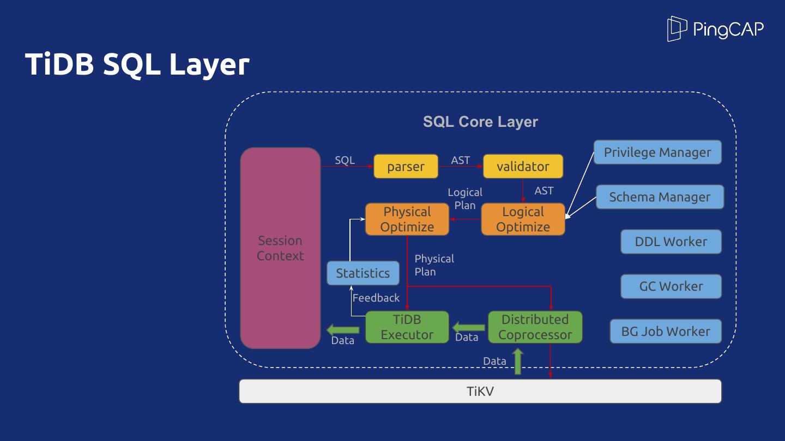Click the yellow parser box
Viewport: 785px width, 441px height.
[406, 167]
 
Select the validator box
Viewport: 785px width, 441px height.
[523, 167]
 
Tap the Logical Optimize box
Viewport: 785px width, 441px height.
[523, 219]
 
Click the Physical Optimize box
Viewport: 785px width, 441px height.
[407, 219]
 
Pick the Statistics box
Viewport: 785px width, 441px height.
[363, 273]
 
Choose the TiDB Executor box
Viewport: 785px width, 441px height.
[407, 327]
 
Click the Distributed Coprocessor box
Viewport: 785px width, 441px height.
[535, 327]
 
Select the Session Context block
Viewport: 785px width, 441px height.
[280, 248]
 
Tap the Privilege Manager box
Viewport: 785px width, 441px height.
[657, 152]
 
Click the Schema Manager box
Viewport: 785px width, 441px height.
[659, 197]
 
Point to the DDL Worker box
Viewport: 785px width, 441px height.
[671, 242]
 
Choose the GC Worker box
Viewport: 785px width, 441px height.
[671, 286]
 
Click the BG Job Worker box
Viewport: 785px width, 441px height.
[665, 331]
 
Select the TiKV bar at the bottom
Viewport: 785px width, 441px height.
[480, 391]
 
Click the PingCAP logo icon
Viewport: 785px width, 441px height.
[677, 28]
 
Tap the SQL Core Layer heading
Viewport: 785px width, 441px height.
[480, 122]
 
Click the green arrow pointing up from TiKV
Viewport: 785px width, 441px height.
[517, 362]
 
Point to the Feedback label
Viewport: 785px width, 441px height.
[376, 298]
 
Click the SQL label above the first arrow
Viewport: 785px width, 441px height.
[345, 160]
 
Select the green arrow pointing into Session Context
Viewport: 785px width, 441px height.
[343, 329]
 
